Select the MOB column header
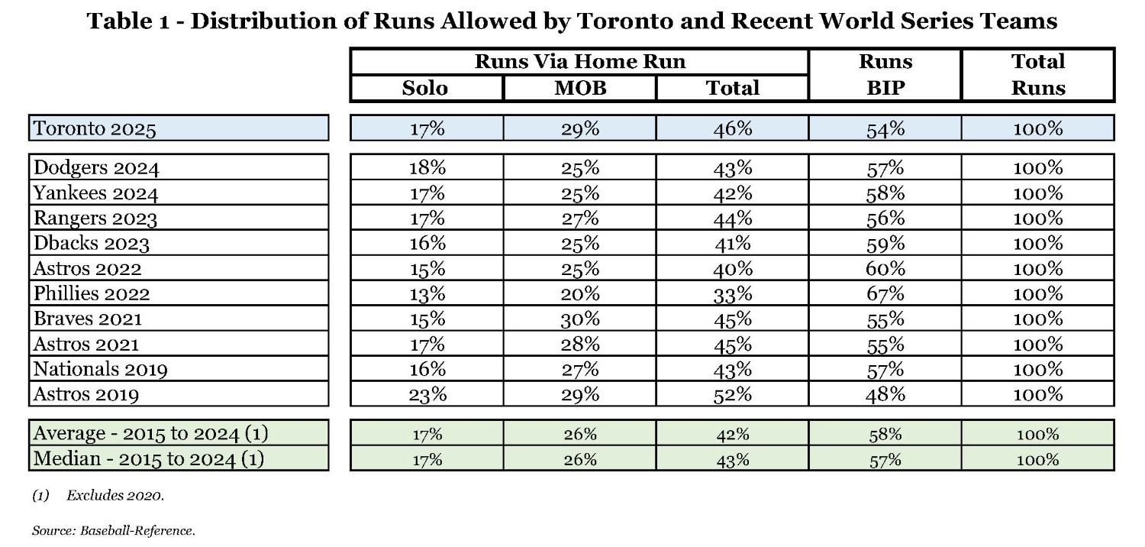pos(580,88)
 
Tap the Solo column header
pos(425,88)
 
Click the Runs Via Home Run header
pos(580,61)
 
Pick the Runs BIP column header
pos(885,74)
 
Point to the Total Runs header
pos(1038,74)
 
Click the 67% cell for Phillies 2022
pos(885,293)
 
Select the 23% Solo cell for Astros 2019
pos(427,394)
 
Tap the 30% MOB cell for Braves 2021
pos(580,319)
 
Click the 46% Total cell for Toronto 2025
pos(733,128)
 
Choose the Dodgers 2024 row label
pos(96,167)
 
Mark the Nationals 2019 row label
pos(100,370)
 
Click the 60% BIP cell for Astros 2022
pos(885,268)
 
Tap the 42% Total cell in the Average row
pos(733,434)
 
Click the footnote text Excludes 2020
pos(114,496)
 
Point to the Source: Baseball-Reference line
pos(113,529)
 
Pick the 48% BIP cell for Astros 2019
pos(885,394)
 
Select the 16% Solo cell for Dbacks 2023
pos(427,243)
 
